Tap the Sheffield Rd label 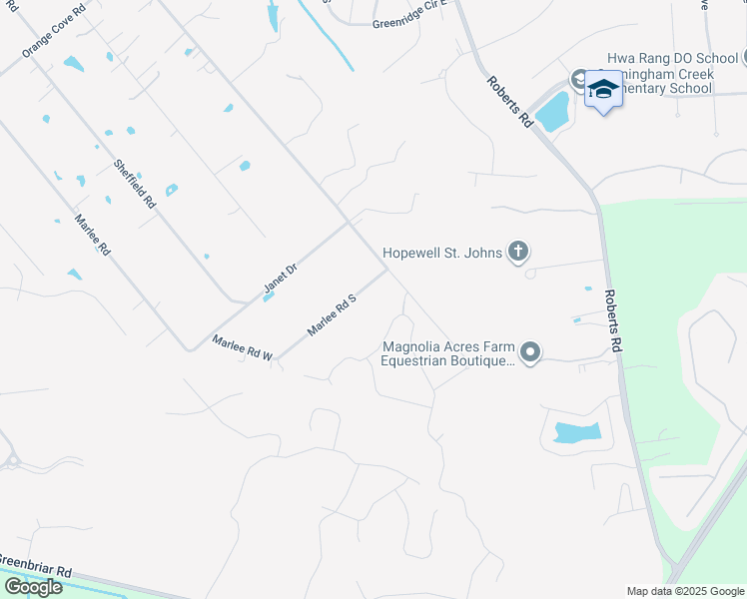tap(135, 184)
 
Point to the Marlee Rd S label tap(332, 314)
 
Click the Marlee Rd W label tap(243, 348)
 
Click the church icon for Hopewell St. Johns tap(517, 252)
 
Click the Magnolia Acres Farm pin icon tap(531, 352)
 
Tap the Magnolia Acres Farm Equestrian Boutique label tap(445, 354)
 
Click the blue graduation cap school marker tap(603, 91)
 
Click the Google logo tap(33, 587)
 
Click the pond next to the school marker tap(551, 112)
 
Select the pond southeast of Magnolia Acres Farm tap(576, 432)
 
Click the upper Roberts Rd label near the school tap(508, 101)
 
